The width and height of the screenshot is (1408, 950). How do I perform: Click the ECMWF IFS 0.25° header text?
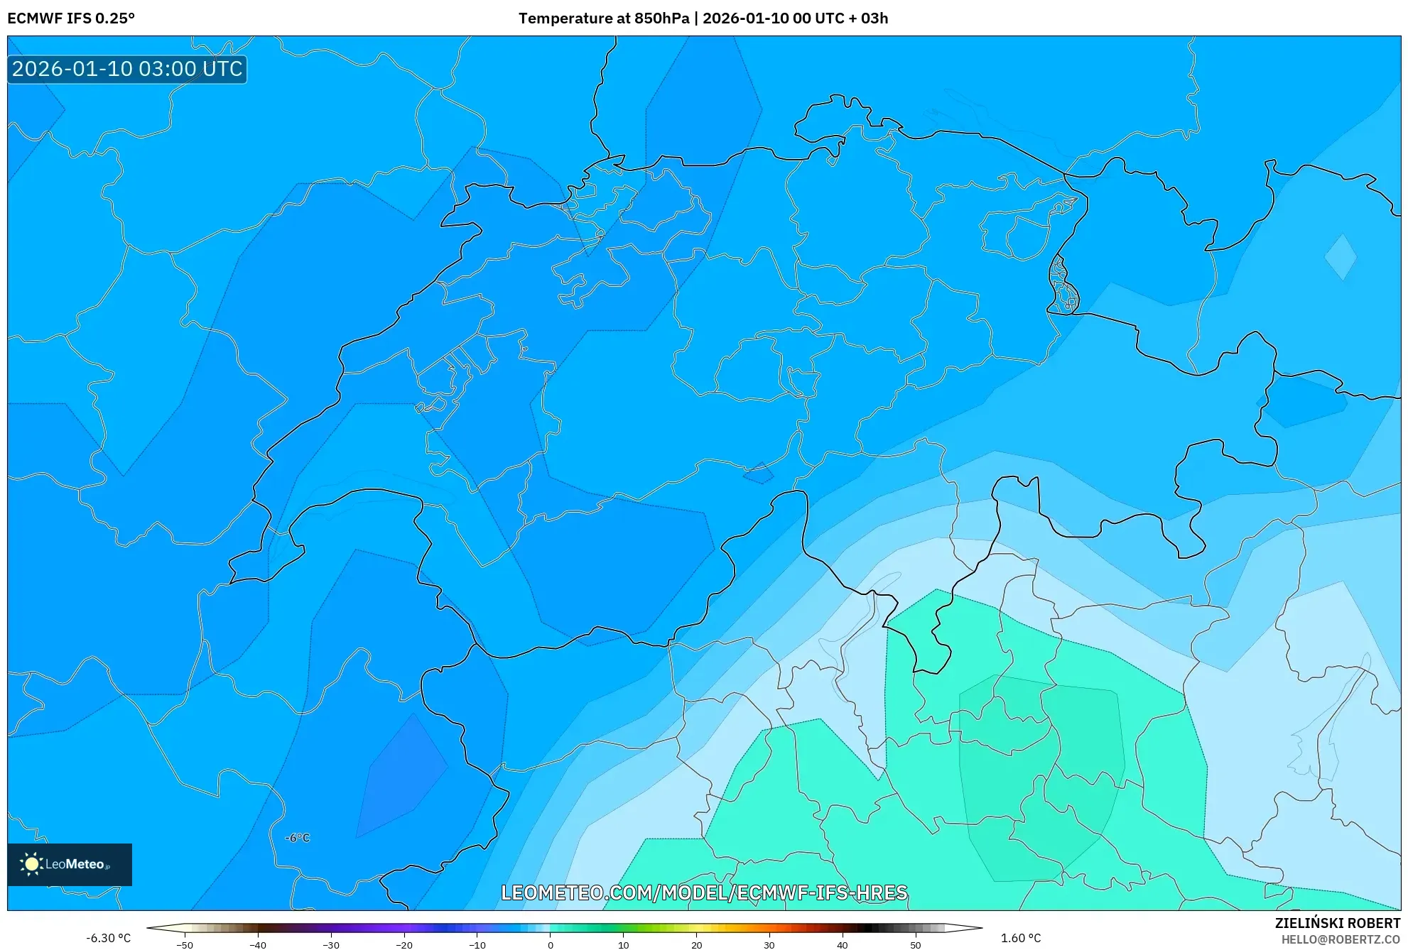[71, 18]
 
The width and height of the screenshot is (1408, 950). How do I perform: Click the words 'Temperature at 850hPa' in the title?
[603, 18]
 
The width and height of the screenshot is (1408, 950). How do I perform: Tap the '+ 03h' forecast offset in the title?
[870, 18]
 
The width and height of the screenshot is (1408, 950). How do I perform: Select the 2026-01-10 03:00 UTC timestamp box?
[127, 70]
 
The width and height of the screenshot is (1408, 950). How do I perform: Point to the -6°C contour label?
[298, 838]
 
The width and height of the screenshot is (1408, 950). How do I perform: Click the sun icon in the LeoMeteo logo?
[31, 864]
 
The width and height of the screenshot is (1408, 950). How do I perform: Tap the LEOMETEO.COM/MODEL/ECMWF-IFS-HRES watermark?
[704, 892]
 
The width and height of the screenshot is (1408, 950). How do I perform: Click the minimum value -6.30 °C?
[109, 938]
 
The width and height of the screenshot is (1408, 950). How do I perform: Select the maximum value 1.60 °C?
[1021, 938]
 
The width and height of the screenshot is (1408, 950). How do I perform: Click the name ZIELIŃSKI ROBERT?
[1337, 923]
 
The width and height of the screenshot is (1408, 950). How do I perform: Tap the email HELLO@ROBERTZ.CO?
[1341, 939]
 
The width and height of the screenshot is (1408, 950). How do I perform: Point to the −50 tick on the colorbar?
[185, 945]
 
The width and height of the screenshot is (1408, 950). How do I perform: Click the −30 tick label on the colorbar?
[331, 945]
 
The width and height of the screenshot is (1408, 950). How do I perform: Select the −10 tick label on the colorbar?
[477, 945]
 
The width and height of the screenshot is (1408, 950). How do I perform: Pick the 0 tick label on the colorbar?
[551, 945]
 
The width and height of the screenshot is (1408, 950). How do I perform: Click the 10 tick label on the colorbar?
[624, 945]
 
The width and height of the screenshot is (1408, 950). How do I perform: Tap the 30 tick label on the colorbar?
[769, 945]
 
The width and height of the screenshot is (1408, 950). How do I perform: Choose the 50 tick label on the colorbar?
[916, 945]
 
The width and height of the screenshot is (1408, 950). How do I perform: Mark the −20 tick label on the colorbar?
[404, 945]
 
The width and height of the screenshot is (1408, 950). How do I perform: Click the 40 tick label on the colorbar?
[843, 945]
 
